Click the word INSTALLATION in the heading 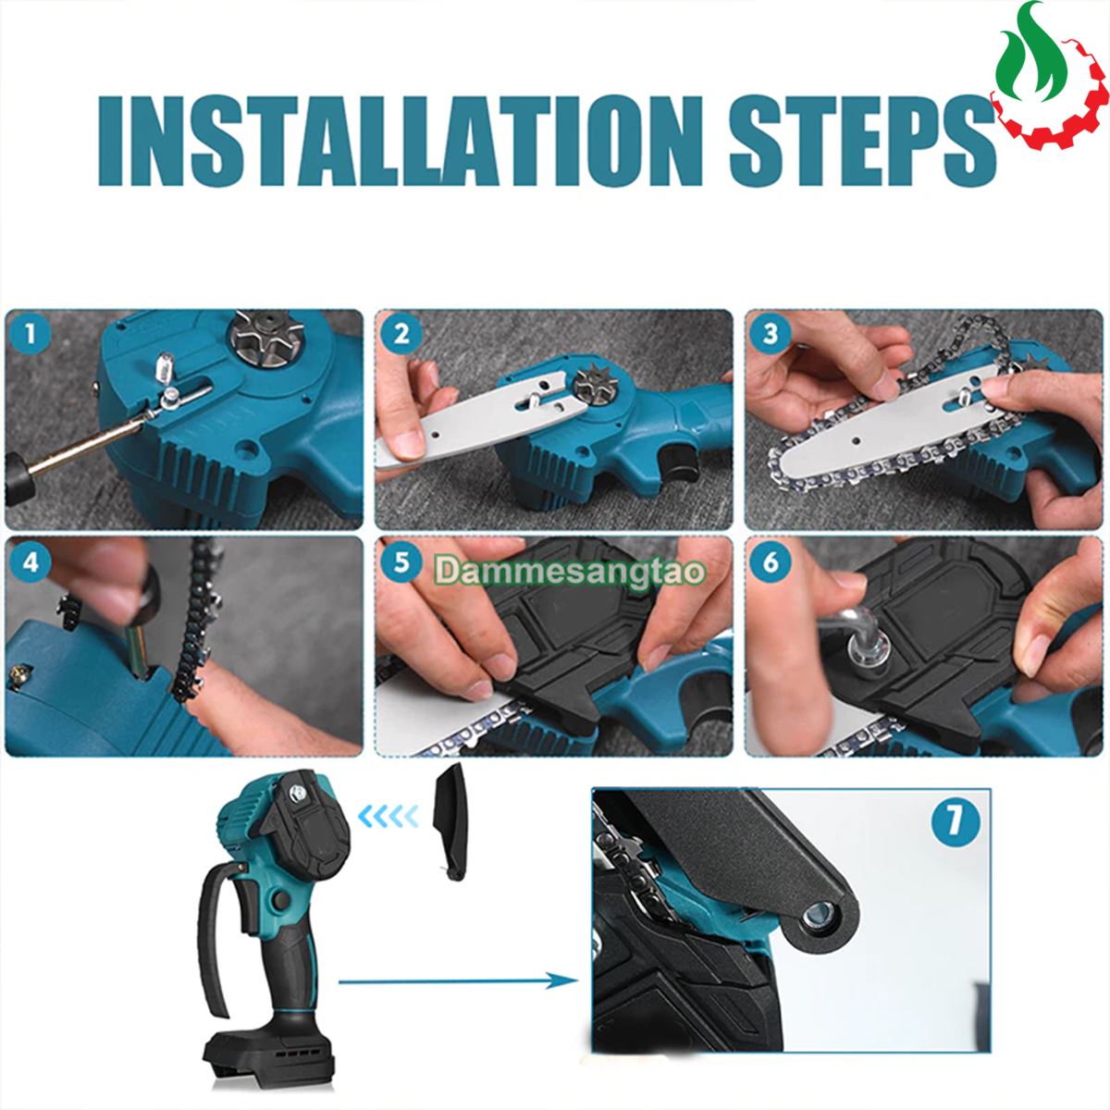(x=401, y=142)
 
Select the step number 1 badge (x=31, y=334)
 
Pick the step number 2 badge (x=401, y=334)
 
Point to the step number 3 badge (x=771, y=334)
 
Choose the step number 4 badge (x=31, y=561)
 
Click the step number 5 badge (x=401, y=561)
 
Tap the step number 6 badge (x=771, y=561)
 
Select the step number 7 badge (x=955, y=820)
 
